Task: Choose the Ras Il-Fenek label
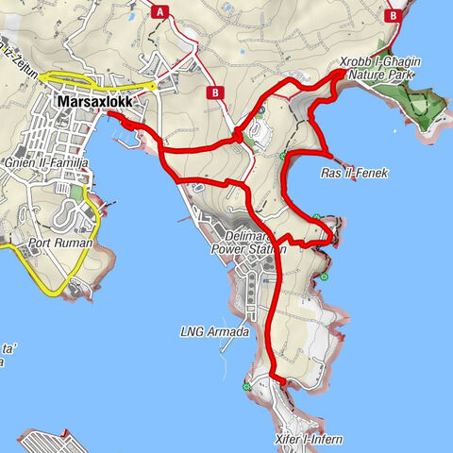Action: click(x=354, y=173)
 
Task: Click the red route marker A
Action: click(x=161, y=11)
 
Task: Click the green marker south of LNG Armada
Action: click(x=247, y=385)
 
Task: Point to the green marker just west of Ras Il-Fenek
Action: click(x=283, y=156)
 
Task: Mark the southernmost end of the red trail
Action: click(x=279, y=380)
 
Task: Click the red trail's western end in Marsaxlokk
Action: click(x=110, y=114)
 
